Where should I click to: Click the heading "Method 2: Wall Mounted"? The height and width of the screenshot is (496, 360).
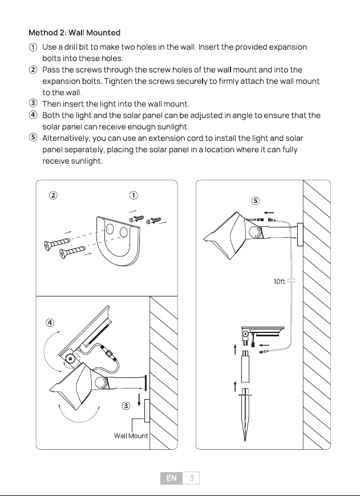coord(74,32)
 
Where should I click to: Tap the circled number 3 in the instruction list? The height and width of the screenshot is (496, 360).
coord(33,103)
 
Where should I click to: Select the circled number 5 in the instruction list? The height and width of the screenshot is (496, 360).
coord(33,137)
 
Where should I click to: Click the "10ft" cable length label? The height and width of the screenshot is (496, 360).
coord(279,281)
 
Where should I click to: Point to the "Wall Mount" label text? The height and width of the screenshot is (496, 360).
coord(131,436)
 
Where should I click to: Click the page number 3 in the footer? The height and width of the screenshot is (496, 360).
coord(191,478)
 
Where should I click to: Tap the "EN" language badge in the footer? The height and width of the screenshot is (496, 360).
coord(171,478)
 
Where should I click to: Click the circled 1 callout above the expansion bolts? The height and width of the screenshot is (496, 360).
coord(134,196)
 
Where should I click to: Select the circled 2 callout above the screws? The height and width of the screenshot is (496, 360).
coord(53,196)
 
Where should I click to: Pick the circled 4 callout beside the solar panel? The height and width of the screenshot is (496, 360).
coord(50,323)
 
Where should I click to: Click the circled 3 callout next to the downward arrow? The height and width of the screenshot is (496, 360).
coord(126,405)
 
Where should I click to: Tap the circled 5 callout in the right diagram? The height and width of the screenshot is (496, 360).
coord(256,201)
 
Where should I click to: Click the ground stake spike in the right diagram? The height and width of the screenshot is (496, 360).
coord(245,414)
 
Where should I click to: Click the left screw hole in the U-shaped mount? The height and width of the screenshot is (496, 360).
coord(110,229)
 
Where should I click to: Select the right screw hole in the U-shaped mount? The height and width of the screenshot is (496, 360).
coord(123,233)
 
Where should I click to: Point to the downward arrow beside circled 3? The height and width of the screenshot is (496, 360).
coord(139,400)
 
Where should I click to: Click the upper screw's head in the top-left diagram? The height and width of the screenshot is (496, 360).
coord(48,246)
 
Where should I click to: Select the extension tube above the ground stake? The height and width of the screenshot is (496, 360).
coord(245,367)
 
